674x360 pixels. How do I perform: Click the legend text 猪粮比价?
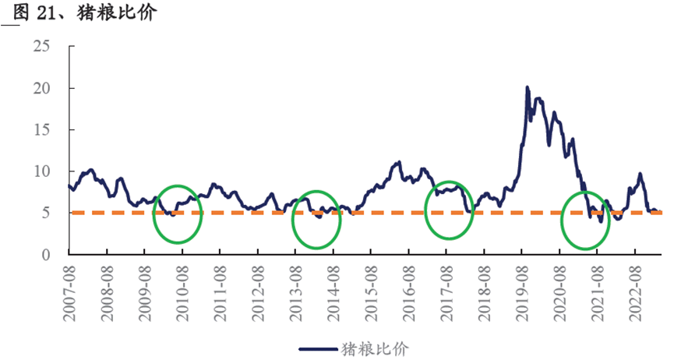click(x=374, y=348)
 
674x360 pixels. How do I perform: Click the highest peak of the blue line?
click(x=528, y=87)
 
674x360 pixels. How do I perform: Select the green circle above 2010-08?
click(x=178, y=213)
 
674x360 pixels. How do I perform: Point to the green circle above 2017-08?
click(x=449, y=209)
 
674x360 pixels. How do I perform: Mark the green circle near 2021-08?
click(x=586, y=220)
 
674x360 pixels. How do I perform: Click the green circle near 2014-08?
click(x=316, y=220)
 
